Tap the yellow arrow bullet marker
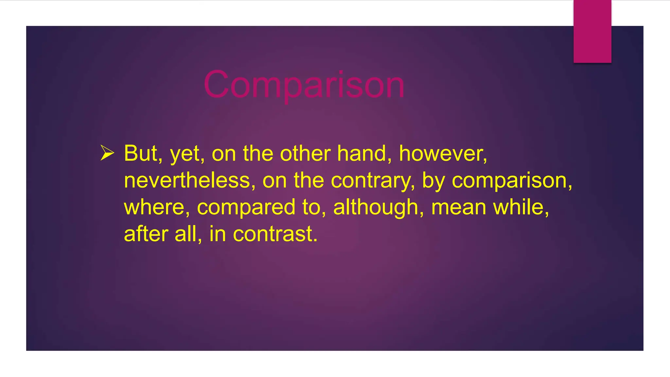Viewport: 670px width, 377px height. point(107,153)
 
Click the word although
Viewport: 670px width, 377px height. point(376,208)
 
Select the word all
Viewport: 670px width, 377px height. point(185,234)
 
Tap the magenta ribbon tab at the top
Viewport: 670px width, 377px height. point(592,31)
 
